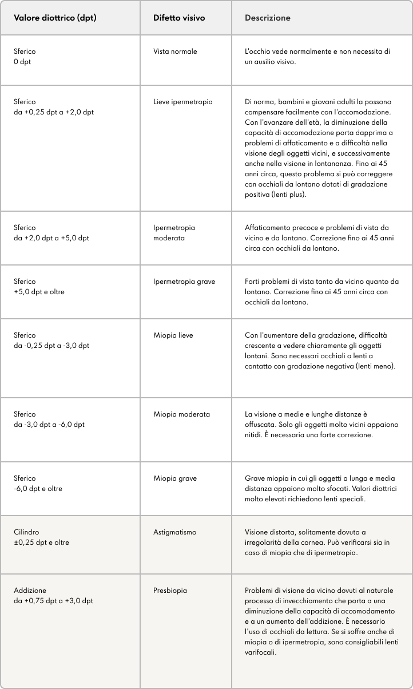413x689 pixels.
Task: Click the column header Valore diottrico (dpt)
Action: (55, 18)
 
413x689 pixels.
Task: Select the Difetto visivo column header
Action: (179, 18)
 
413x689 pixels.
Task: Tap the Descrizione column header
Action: (267, 18)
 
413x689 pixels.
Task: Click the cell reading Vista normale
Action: (175, 52)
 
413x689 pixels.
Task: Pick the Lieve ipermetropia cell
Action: (183, 102)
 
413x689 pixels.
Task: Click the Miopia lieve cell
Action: (173, 335)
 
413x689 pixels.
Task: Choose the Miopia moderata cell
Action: (181, 414)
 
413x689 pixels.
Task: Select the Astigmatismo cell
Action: (174, 532)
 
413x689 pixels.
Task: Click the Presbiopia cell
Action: (170, 591)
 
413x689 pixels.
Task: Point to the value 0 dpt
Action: (22, 62)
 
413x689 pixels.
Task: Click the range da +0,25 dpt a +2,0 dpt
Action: (53, 112)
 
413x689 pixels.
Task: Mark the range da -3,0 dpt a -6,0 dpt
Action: (49, 425)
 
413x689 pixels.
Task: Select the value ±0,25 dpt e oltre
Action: (41, 543)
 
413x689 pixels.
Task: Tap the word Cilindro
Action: (26, 532)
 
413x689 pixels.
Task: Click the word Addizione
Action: (30, 591)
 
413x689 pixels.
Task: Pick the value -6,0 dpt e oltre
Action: (38, 489)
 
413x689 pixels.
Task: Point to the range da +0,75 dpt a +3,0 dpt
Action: (53, 601)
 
